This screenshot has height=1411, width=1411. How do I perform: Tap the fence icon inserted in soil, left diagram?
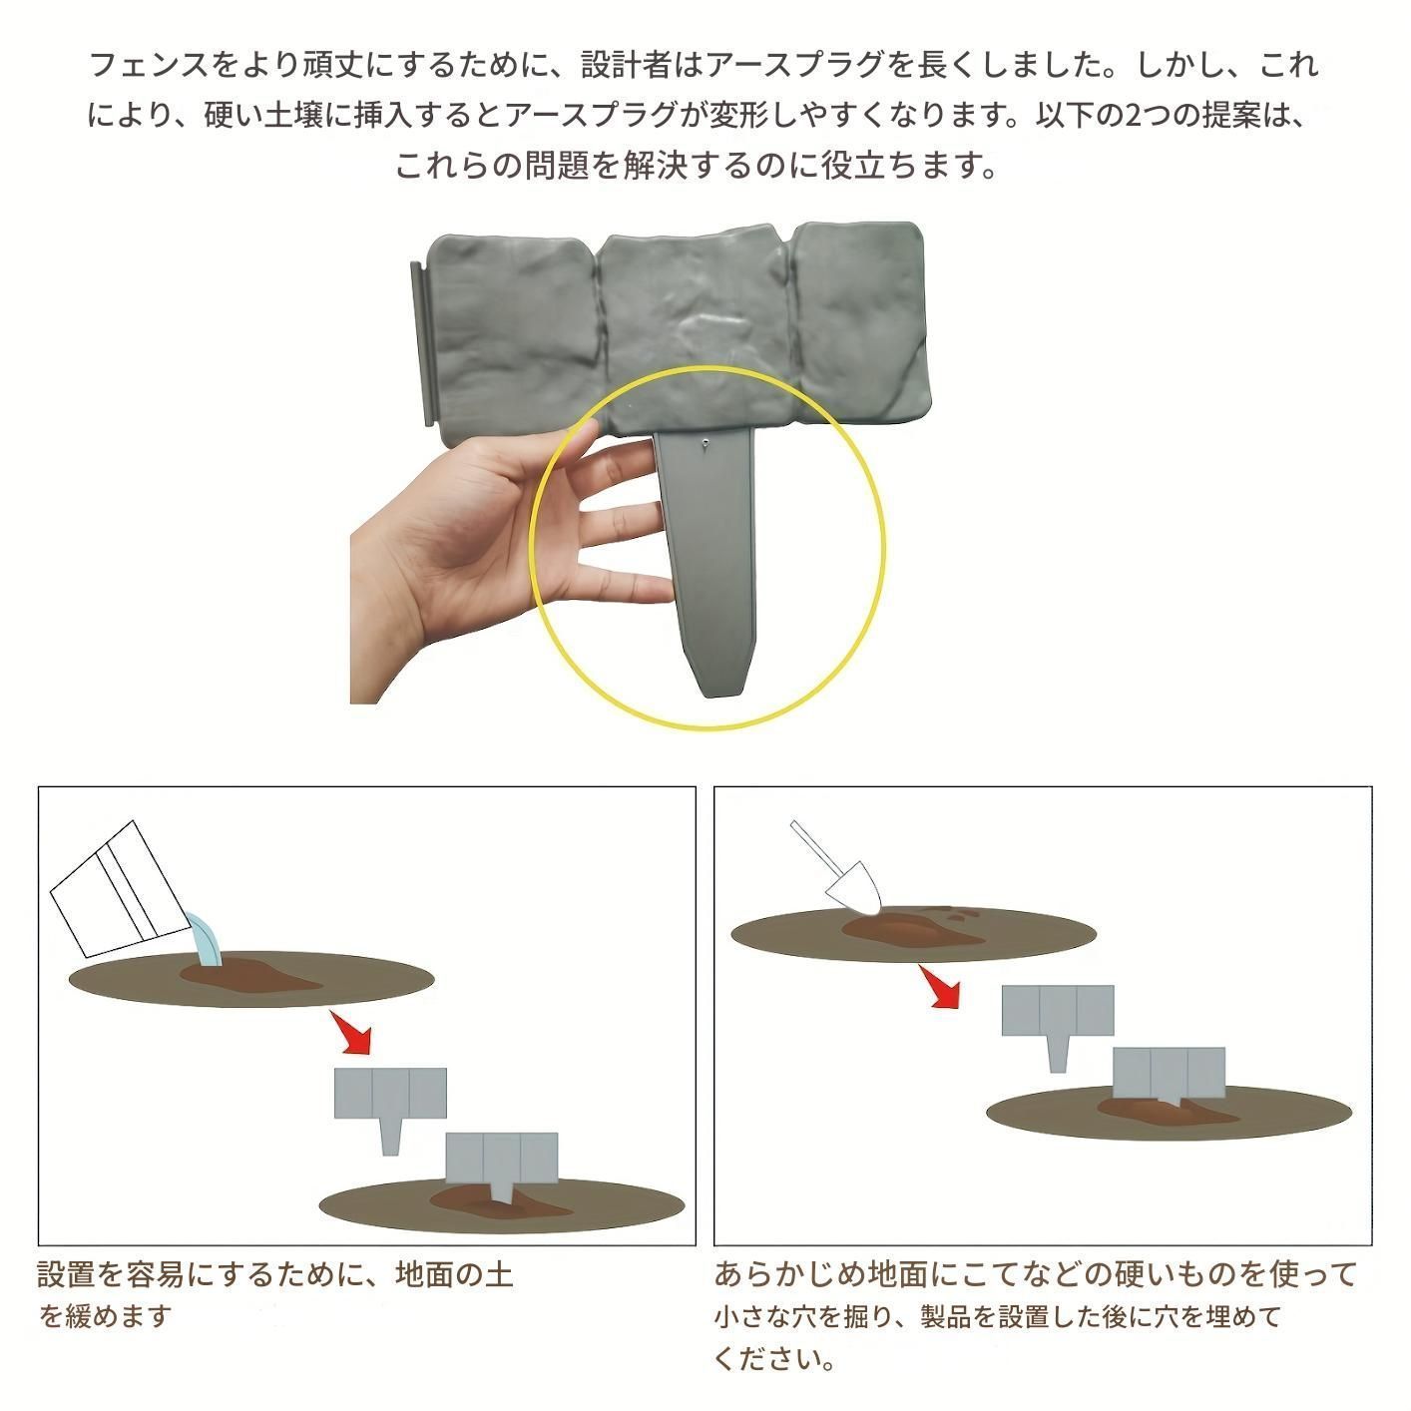click(x=502, y=1163)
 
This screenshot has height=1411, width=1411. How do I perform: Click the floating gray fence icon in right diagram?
click(x=1057, y=1017)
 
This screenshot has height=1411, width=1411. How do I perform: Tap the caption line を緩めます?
click(x=106, y=1315)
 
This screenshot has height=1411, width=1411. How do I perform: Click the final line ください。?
click(x=774, y=1359)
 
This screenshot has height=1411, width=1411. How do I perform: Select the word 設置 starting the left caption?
click(x=65, y=1274)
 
